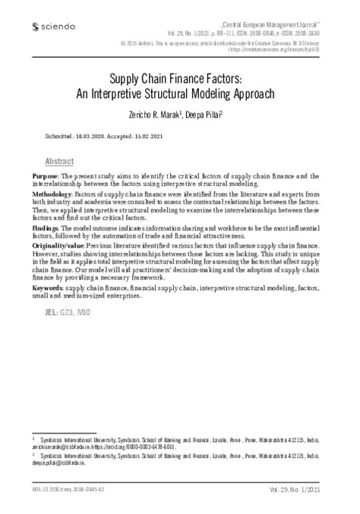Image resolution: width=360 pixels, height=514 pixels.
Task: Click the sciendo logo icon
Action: (x=27, y=27)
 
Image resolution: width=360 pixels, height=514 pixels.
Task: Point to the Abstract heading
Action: (x=60, y=162)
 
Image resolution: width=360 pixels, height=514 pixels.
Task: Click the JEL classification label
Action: (x=53, y=314)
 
